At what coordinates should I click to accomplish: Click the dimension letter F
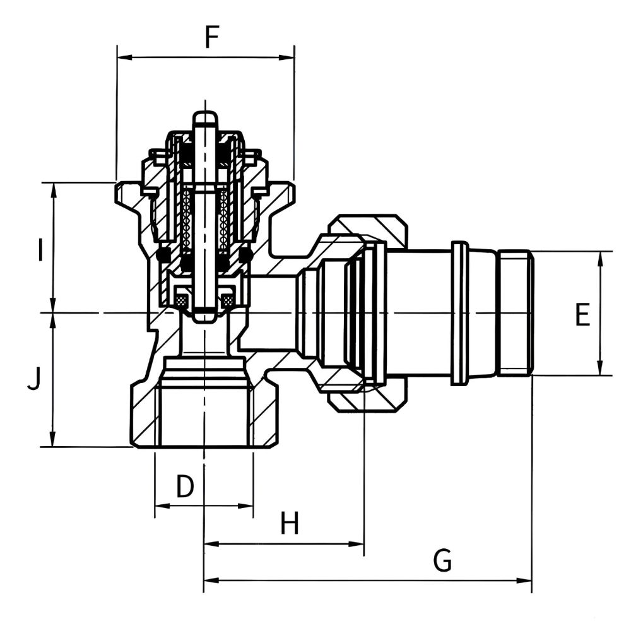tap(211, 37)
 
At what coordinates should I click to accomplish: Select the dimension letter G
tap(442, 560)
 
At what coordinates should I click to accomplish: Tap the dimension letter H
tap(290, 522)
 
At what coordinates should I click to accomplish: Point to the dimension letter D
tap(185, 486)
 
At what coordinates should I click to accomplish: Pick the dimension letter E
tap(582, 314)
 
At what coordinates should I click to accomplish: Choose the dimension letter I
tap(39, 250)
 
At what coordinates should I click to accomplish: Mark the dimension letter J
tap(34, 379)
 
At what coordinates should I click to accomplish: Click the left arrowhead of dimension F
tap(124, 57)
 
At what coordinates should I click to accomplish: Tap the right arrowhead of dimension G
tap(524, 581)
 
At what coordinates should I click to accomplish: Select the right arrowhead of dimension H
tap(356, 544)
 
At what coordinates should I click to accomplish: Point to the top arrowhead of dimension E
tap(600, 259)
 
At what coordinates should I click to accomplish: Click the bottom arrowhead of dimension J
tap(52, 439)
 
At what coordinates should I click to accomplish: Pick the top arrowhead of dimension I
tap(52, 191)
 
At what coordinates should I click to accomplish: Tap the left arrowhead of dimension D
tap(163, 505)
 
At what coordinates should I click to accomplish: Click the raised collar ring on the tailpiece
tap(460, 313)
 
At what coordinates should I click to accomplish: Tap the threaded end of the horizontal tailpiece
tap(516, 313)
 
